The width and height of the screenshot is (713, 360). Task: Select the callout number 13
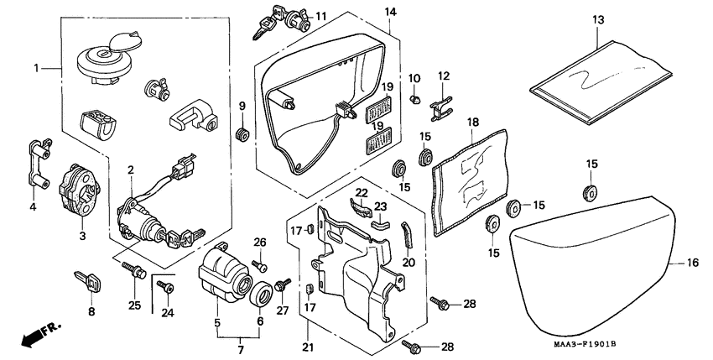597,19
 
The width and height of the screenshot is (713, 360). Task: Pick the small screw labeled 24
168,288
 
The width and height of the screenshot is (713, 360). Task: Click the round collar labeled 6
261,295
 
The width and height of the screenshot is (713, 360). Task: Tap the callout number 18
473,123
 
